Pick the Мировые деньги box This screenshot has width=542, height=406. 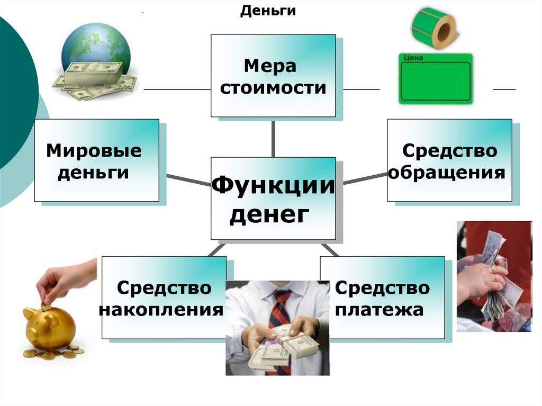pyautogui.click(x=96, y=160)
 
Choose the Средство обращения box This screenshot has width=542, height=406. pyautogui.click(x=449, y=160)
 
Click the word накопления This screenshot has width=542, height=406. pyautogui.click(x=160, y=309)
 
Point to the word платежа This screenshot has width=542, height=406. pyautogui.click(x=380, y=309)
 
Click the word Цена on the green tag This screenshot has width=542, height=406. pyautogui.click(x=413, y=58)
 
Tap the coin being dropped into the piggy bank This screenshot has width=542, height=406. pyautogui.click(x=46, y=305)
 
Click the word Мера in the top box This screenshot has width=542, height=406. pyautogui.click(x=270, y=67)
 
